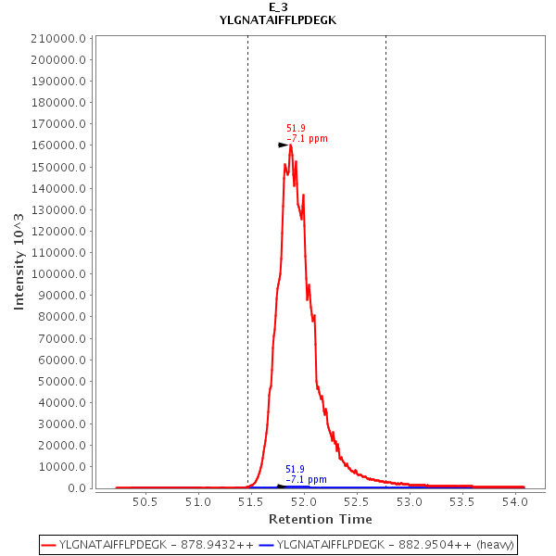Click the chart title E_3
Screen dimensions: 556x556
pyautogui.click(x=278, y=7)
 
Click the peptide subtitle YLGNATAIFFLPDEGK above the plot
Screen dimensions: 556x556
pyautogui.click(x=278, y=19)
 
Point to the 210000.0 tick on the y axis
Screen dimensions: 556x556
pyautogui.click(x=59, y=39)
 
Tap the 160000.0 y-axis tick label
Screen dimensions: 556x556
pyautogui.click(x=59, y=145)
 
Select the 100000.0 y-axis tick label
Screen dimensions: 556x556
pyautogui.click(x=59, y=274)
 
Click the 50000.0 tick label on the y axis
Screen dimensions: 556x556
pyautogui.click(x=62, y=381)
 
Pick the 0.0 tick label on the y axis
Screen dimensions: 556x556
pyautogui.click(x=78, y=488)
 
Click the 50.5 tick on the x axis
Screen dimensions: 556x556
pyautogui.click(x=145, y=502)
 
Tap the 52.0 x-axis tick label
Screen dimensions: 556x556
pyautogui.click(x=304, y=502)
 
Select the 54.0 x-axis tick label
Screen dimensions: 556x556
pyautogui.click(x=515, y=502)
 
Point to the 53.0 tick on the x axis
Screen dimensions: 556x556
pyautogui.click(x=410, y=502)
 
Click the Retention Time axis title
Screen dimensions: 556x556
pyautogui.click(x=321, y=519)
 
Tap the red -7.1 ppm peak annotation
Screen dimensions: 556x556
pyautogui.click(x=308, y=139)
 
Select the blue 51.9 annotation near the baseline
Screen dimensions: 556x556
pyautogui.click(x=295, y=470)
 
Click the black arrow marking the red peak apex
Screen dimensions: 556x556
pyautogui.click(x=284, y=145)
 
